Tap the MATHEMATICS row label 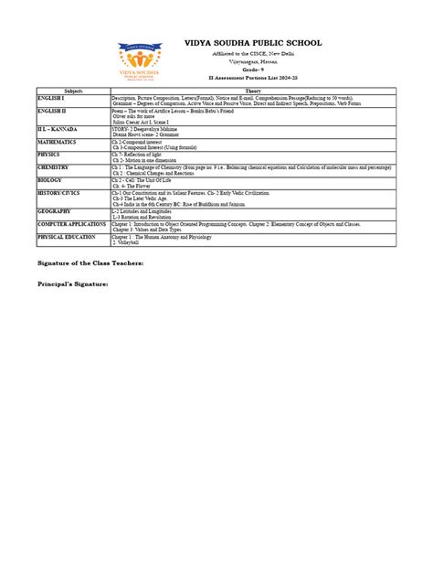coord(58,141)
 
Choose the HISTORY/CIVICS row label coord(59,193)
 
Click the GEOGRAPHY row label coord(54,209)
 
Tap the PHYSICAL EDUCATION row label coord(66,236)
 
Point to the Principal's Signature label coord(72,284)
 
